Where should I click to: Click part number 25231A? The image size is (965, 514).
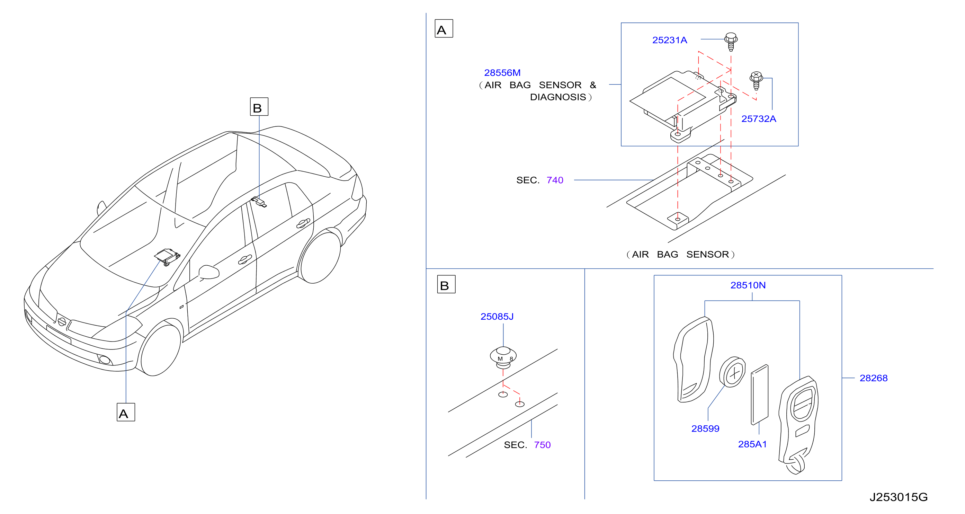point(669,40)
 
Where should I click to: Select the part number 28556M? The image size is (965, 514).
point(502,73)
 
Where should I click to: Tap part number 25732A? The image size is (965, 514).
point(759,119)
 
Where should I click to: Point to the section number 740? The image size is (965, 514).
point(555,180)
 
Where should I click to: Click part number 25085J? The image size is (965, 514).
point(497,317)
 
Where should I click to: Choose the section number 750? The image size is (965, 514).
point(542,445)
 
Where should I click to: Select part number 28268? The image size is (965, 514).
point(873,378)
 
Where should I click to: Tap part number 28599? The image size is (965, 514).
point(705,428)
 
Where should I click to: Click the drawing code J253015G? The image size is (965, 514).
point(898,497)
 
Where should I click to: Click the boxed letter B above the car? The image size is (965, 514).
point(259,107)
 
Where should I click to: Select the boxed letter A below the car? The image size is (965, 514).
point(126,412)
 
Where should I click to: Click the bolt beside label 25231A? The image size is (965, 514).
point(731,42)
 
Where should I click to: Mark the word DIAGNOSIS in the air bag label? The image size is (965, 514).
point(558,97)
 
